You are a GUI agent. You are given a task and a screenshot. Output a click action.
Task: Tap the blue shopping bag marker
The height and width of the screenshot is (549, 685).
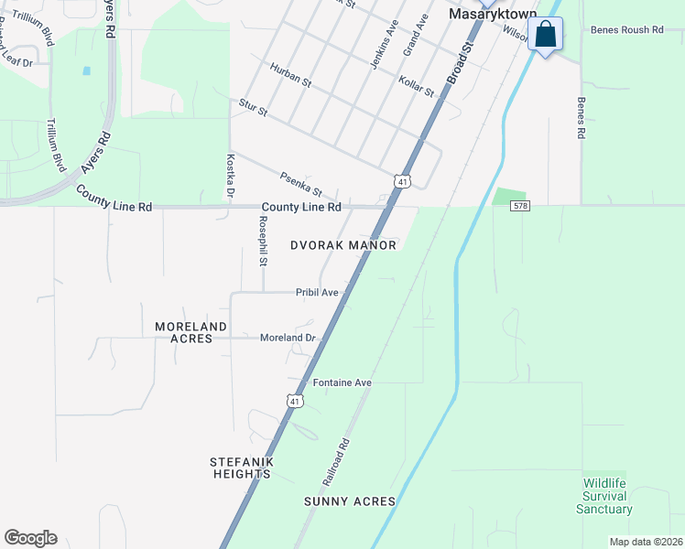point(546,35)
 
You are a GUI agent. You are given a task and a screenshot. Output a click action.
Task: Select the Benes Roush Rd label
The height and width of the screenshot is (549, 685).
point(626,30)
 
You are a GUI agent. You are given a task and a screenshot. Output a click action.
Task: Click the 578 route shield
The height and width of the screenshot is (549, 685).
point(519,207)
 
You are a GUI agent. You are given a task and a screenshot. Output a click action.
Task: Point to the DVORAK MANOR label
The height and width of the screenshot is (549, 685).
point(343,245)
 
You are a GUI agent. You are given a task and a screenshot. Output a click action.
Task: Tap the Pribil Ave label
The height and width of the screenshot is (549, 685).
point(317,293)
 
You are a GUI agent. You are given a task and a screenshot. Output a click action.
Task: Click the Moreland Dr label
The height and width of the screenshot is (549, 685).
point(288,338)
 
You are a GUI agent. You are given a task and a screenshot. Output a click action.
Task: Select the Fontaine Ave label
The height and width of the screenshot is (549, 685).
point(342,382)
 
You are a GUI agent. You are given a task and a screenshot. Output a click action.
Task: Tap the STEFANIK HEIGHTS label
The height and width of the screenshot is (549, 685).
point(243,468)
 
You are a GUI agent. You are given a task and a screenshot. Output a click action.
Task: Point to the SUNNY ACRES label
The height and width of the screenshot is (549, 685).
point(350,501)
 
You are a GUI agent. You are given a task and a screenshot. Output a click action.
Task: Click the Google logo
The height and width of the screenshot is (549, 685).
point(30,538)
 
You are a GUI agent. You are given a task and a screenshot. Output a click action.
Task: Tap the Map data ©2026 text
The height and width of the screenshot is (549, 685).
point(645,542)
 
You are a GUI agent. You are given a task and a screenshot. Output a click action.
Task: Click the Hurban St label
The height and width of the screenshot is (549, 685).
point(290,75)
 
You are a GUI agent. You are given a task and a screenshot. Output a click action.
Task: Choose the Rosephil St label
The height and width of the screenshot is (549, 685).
point(263,242)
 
